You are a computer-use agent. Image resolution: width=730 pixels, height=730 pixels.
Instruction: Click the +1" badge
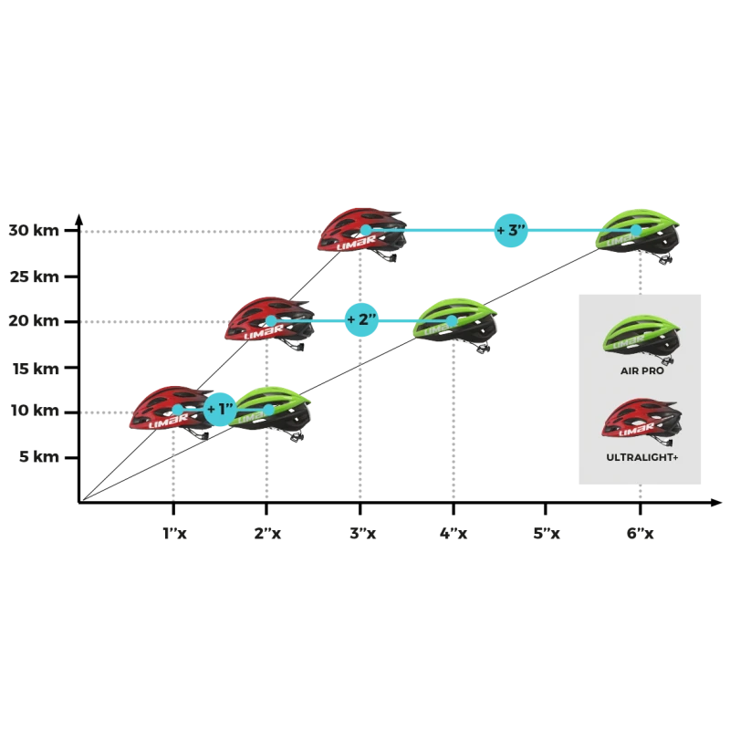click(x=221, y=410)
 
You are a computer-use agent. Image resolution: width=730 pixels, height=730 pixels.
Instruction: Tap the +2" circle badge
click(x=361, y=319)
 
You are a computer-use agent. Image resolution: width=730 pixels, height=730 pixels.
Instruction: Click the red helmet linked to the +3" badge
click(x=362, y=233)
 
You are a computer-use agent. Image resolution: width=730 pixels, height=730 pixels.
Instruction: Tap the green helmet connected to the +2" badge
click(x=454, y=323)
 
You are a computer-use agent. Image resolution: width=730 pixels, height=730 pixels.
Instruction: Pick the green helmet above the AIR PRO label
click(x=643, y=336)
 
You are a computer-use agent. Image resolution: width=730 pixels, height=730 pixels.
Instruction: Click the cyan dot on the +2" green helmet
click(x=453, y=320)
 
